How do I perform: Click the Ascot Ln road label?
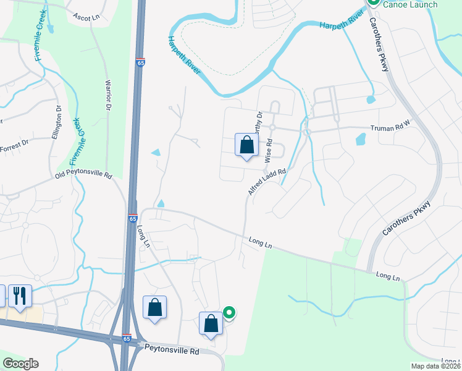[86, 17]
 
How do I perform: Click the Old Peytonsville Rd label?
[83, 176]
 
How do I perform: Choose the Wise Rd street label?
[269, 150]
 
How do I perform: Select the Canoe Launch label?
[410, 4]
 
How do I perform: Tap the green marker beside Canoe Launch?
[373, 2]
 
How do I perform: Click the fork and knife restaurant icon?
[19, 296]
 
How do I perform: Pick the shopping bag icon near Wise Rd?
[246, 146]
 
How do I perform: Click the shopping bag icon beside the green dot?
[211, 323]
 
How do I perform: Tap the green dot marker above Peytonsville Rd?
[229, 313]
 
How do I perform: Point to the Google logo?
[20, 364]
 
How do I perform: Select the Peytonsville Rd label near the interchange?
[172, 351]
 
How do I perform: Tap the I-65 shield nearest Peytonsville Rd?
[127, 339]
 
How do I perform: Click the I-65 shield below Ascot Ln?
[141, 62]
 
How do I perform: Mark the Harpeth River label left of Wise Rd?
[185, 56]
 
